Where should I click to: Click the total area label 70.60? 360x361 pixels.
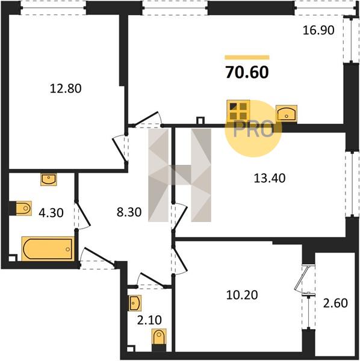(247, 72)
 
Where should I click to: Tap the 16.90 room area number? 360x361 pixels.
(318, 31)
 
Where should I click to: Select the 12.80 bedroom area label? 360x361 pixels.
(66, 88)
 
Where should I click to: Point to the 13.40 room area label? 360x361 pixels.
(270, 178)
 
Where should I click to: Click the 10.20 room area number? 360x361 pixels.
(242, 295)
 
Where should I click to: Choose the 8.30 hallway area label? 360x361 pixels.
(129, 212)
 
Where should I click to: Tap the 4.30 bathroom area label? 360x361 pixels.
(51, 213)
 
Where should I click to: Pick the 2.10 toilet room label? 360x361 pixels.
(149, 320)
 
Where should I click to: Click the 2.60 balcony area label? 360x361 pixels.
(335, 303)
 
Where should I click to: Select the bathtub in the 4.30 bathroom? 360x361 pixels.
(48, 248)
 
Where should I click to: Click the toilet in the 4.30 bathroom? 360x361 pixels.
(23, 208)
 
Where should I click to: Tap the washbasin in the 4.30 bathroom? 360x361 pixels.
(49, 179)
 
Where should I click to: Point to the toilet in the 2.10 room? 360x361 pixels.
(159, 336)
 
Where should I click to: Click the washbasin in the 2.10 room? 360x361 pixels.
(135, 303)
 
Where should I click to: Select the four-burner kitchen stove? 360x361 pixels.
(238, 111)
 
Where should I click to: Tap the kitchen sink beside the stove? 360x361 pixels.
(287, 113)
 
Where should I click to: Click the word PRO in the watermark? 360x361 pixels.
(253, 129)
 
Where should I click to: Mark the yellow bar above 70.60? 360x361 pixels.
(247, 57)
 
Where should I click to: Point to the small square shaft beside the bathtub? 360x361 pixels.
(13, 258)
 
